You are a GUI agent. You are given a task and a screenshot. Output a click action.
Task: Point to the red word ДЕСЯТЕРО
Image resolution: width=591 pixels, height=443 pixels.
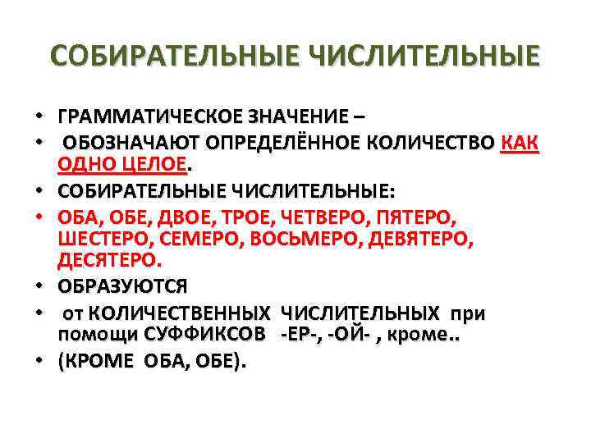[109, 261]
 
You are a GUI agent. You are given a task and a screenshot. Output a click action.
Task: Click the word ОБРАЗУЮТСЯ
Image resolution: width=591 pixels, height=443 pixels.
[122, 287]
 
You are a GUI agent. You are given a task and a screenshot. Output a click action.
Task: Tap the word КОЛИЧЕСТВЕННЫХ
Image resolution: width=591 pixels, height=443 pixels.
[180, 314]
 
